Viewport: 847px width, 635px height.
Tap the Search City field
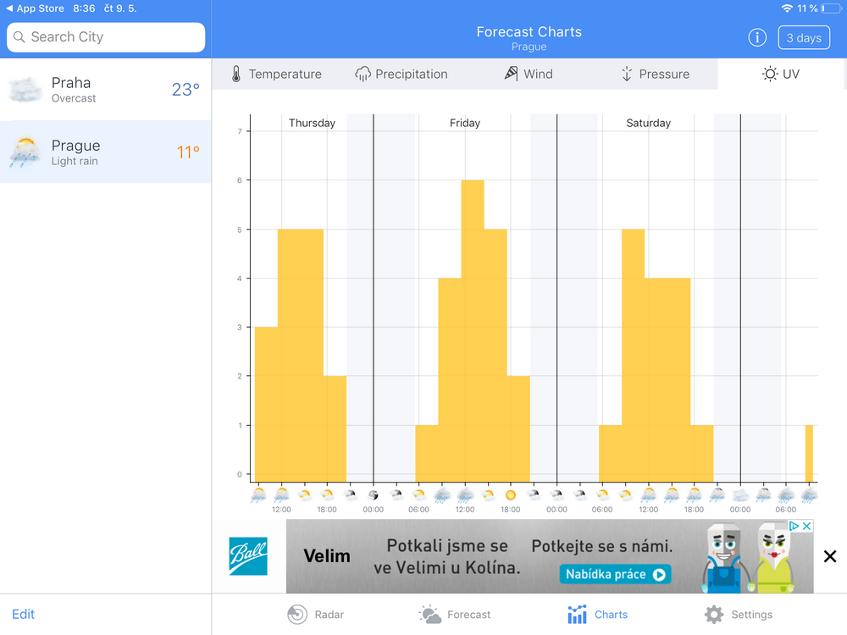pyautogui.click(x=106, y=37)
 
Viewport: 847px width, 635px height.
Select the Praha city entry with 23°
pyautogui.click(x=105, y=90)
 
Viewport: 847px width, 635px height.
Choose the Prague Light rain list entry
pyautogui.click(x=105, y=152)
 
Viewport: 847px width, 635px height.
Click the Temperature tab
pyautogui.click(x=276, y=75)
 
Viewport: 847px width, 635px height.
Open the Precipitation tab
pyautogui.click(x=401, y=75)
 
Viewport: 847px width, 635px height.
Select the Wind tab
pyautogui.click(x=529, y=75)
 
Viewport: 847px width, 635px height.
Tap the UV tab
pyautogui.click(x=781, y=75)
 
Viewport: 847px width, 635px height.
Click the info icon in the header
pyautogui.click(x=757, y=38)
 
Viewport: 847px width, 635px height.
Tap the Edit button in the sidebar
pyautogui.click(x=24, y=614)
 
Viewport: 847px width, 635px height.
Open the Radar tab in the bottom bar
pyautogui.click(x=316, y=615)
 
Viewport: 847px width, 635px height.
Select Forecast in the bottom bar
pyautogui.click(x=455, y=615)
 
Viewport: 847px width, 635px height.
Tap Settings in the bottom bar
pyautogui.click(x=739, y=615)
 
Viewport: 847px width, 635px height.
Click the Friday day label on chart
pyautogui.click(x=465, y=123)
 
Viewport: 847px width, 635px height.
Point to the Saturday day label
pyautogui.click(x=648, y=123)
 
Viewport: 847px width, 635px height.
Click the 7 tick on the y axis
pyautogui.click(x=240, y=131)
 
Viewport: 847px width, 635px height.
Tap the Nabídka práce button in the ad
pyautogui.click(x=615, y=574)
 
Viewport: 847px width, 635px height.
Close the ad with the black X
pyautogui.click(x=830, y=556)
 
